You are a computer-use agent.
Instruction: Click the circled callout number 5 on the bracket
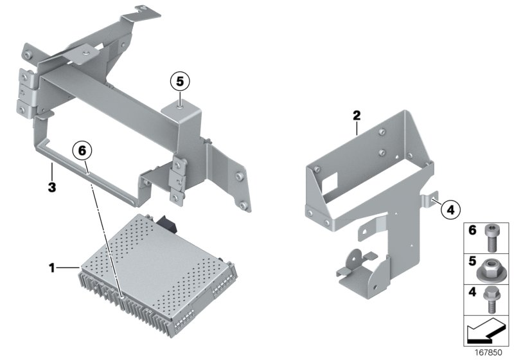pos(181,82)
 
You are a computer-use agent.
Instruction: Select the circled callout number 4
pos(450,208)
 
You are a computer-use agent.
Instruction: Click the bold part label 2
pos(357,116)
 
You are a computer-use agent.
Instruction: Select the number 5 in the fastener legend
pos(471,262)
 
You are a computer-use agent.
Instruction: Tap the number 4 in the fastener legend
pos(471,293)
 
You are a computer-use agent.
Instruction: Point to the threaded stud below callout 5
pos(181,99)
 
